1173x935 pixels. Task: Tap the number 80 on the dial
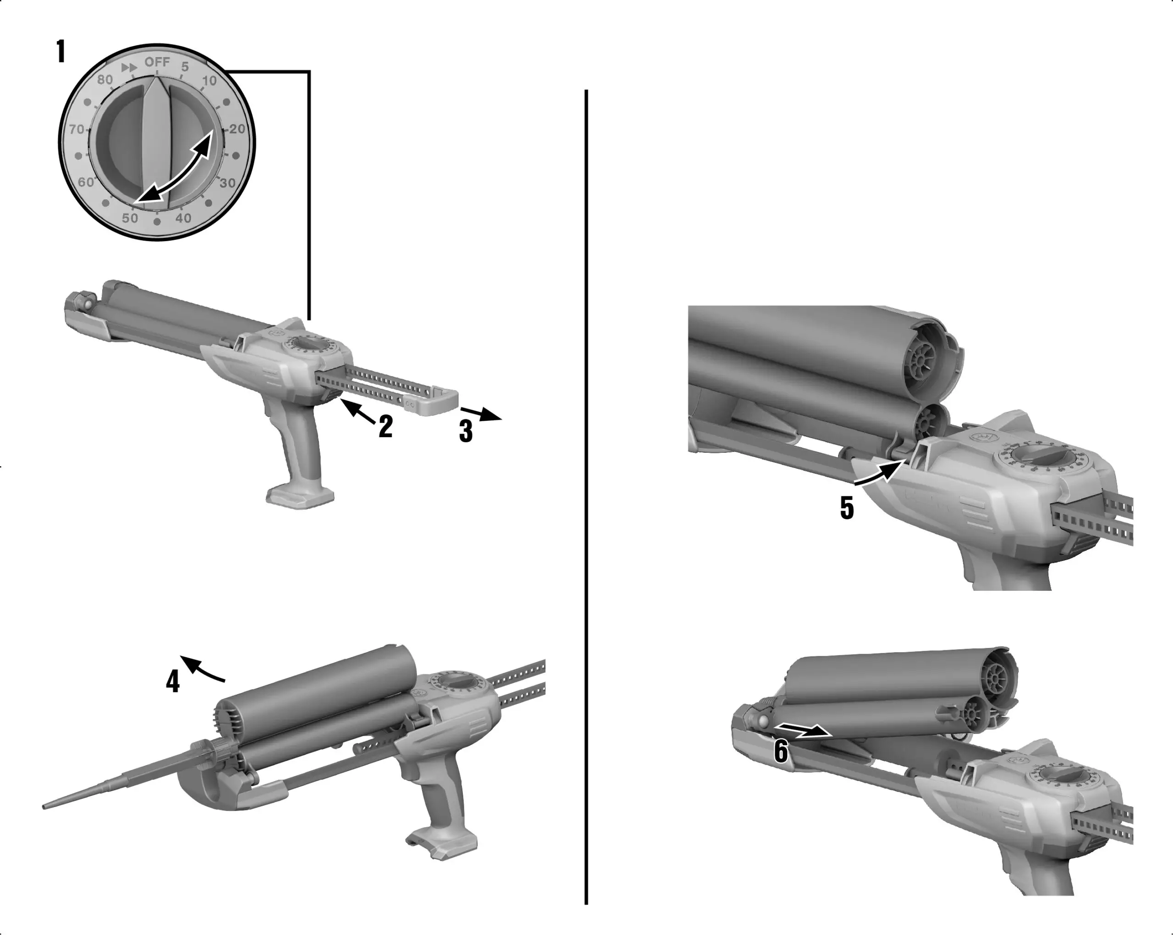point(104,80)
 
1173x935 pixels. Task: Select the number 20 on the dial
point(237,129)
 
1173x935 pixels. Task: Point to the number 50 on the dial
point(130,218)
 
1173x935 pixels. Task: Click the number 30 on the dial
point(227,183)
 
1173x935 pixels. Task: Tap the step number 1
point(61,52)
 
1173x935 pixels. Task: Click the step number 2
point(386,426)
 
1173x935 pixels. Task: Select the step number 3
point(466,431)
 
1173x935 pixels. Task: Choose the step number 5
point(847,508)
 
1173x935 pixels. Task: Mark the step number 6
point(780,752)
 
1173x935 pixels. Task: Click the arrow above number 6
point(802,731)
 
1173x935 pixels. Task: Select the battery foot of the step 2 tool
point(300,496)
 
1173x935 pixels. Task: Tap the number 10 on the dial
point(209,81)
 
